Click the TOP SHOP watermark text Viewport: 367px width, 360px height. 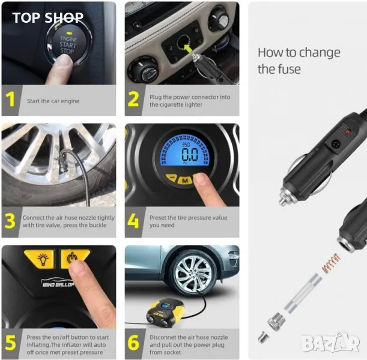pos(47,18)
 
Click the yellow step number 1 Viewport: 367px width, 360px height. pos(10,99)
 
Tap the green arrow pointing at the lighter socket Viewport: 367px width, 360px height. pos(188,49)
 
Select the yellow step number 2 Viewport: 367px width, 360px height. pos(133,99)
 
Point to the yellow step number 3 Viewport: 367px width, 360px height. pos(10,221)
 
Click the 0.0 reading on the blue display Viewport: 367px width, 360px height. pos(190,154)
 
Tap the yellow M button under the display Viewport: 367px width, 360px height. pos(185,181)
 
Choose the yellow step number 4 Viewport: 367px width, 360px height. pos(133,221)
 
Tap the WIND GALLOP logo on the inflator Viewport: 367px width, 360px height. pos(58,283)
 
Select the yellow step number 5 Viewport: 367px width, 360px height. pos(10,343)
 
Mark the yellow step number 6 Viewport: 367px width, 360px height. pos(133,343)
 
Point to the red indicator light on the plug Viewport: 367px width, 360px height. pos(348,131)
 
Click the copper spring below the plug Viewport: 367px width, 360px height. pos(331,263)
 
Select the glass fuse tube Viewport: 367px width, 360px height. pos(303,293)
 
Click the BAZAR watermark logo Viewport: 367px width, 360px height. pos(330,342)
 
